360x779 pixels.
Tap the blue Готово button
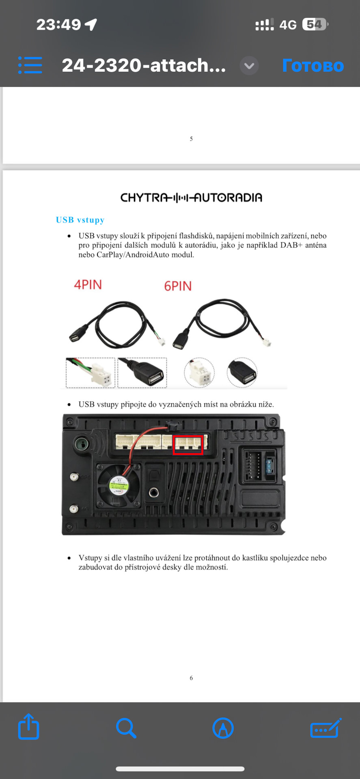[313, 65]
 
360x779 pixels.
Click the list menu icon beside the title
[30, 65]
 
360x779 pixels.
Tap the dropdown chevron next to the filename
[249, 66]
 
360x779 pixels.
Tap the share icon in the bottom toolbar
[29, 727]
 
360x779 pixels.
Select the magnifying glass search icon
[126, 728]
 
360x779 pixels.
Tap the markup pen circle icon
[223, 728]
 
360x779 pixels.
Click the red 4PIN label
[88, 284]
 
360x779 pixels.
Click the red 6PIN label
[178, 286]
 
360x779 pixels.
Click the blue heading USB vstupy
[80, 220]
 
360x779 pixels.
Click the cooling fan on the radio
[119, 485]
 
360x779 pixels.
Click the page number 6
[191, 678]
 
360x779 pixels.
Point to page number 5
[191, 139]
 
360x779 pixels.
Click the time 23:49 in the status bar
[59, 25]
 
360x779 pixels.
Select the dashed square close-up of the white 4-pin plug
[91, 373]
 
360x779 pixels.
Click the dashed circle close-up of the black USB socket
[242, 372]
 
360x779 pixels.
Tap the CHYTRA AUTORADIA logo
[191, 198]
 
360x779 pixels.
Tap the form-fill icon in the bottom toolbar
[326, 728]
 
